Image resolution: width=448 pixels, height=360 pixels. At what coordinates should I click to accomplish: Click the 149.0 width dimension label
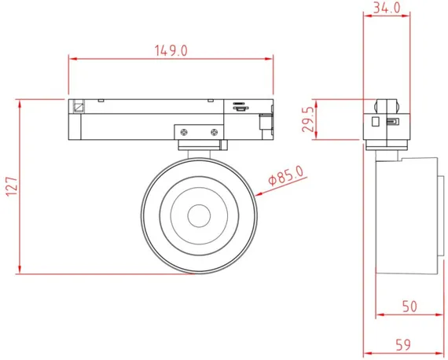pos(171,50)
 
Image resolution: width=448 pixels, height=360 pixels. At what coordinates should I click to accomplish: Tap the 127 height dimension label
pos(12,186)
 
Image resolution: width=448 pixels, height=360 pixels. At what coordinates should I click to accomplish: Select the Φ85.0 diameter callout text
pos(286,176)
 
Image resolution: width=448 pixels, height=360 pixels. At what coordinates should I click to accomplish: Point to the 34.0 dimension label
pos(387,8)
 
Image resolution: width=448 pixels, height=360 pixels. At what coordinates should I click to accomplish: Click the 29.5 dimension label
pos(309,119)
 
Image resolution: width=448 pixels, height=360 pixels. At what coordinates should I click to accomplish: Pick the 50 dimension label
pos(409,307)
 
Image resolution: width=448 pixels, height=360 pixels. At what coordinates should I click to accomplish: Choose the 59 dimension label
pos(403,345)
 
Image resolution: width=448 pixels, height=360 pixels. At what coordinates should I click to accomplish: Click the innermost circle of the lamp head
pos(199,215)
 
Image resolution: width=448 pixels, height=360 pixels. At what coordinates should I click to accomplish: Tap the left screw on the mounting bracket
pos(184,132)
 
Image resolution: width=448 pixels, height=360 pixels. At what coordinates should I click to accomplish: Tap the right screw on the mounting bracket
pos(214,132)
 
